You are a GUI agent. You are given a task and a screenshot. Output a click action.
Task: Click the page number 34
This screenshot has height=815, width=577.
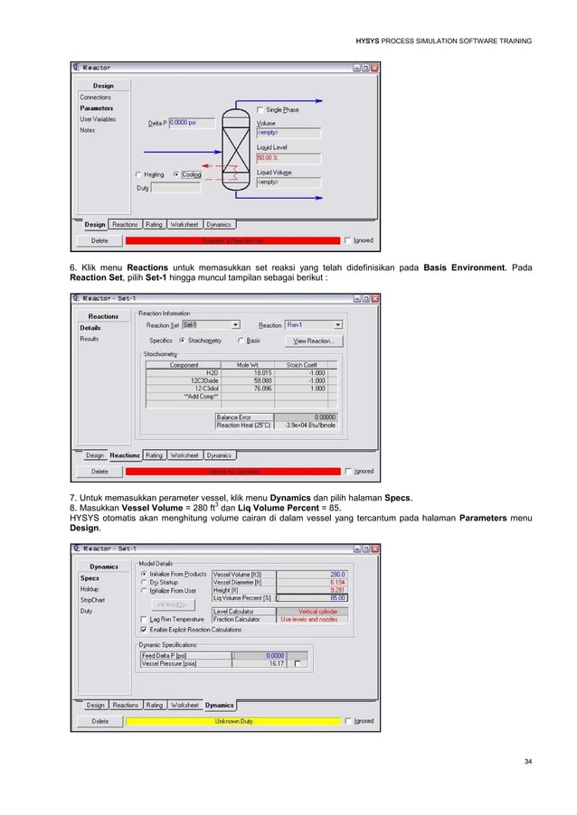tap(527, 763)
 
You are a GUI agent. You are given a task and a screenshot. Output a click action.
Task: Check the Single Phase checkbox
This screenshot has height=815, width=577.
tap(260, 110)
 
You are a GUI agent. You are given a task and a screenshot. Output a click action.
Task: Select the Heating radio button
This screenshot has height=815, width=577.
tap(137, 174)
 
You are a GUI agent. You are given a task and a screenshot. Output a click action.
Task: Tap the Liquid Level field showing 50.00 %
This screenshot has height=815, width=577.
tap(288, 156)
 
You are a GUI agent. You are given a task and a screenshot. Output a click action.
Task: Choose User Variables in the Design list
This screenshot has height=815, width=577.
tap(98, 119)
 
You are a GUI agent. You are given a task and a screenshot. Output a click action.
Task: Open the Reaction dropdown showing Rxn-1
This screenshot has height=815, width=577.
tap(313, 324)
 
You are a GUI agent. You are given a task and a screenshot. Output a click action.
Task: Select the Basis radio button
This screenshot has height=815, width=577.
tap(241, 341)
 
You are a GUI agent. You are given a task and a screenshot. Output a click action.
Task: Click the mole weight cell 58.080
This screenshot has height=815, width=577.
tap(262, 380)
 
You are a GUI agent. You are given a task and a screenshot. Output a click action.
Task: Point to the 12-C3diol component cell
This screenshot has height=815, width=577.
tap(184, 389)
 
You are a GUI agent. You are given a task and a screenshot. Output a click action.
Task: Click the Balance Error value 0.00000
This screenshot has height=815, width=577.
tap(311, 417)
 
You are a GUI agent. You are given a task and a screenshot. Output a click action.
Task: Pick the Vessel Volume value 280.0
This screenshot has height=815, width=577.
tap(311, 574)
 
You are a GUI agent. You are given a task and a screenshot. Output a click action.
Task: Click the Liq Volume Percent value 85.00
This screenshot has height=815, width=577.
tap(311, 598)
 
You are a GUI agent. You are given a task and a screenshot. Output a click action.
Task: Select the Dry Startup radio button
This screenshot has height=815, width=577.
tap(143, 582)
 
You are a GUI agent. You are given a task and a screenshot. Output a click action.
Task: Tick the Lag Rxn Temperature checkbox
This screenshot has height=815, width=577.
tap(143, 619)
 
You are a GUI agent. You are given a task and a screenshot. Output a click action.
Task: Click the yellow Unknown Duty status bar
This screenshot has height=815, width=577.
tap(233, 721)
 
